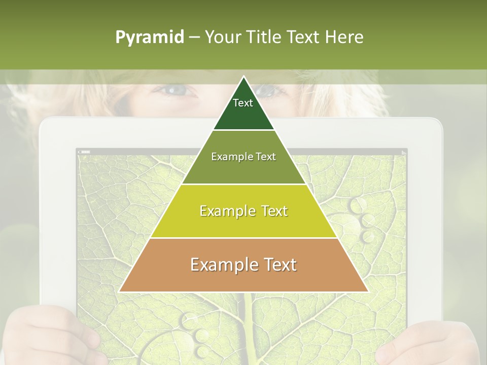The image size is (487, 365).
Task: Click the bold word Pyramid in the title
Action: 150,38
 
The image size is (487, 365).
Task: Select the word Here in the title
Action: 344,37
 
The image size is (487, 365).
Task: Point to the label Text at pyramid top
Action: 243,103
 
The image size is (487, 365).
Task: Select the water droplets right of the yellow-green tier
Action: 362,218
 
